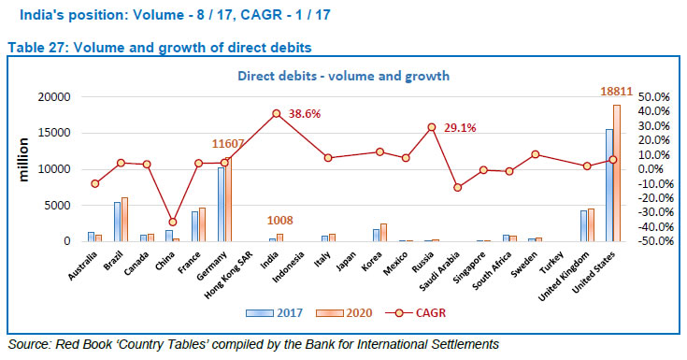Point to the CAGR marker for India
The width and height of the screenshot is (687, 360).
point(277,113)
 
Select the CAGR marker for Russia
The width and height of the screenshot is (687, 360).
point(432,127)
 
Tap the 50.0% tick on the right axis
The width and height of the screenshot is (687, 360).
point(653,96)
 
